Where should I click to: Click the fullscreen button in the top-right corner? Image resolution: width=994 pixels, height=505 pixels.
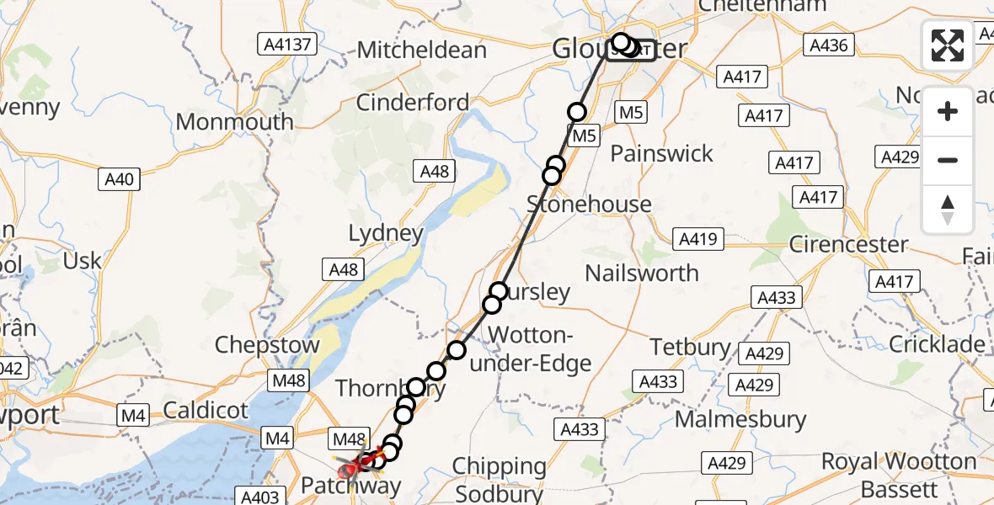[948, 45]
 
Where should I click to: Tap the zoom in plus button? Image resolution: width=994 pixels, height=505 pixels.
[948, 111]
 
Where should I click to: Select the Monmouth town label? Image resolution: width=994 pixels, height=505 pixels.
[234, 121]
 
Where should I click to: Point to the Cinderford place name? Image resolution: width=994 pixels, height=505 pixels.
[413, 103]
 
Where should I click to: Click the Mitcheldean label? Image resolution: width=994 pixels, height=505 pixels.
[421, 50]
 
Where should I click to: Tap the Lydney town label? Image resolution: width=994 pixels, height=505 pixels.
[387, 232]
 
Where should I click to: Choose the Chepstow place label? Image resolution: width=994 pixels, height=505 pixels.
[267, 345]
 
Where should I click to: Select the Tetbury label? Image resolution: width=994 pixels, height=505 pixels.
[691, 347]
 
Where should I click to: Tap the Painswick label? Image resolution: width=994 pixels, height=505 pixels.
[661, 153]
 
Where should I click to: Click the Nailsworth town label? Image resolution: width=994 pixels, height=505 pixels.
[642, 273]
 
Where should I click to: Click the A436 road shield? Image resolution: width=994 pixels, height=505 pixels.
[828, 45]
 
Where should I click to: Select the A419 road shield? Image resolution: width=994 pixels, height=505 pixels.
[697, 239]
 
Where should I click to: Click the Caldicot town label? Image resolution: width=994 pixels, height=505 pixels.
[206, 411]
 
